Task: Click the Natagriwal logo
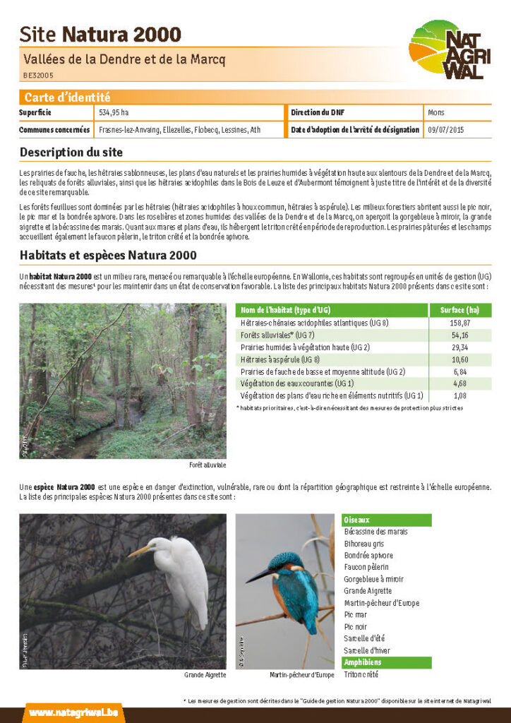point(450,50)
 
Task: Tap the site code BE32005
point(38,75)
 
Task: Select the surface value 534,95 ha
point(114,112)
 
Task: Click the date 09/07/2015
point(446,130)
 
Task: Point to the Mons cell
point(436,112)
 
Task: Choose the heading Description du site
point(71,152)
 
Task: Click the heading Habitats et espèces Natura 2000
point(108,255)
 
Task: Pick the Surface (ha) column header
point(459,310)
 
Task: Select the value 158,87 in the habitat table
point(459,323)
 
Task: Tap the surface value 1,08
point(459,396)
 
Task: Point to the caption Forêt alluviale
point(208,465)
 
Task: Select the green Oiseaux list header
point(386,520)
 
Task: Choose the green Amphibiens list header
point(386,662)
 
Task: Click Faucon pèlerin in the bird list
point(366,567)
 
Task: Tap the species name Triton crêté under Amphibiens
point(361,675)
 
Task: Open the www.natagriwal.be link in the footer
point(73,712)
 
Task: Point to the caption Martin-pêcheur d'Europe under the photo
point(301,675)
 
